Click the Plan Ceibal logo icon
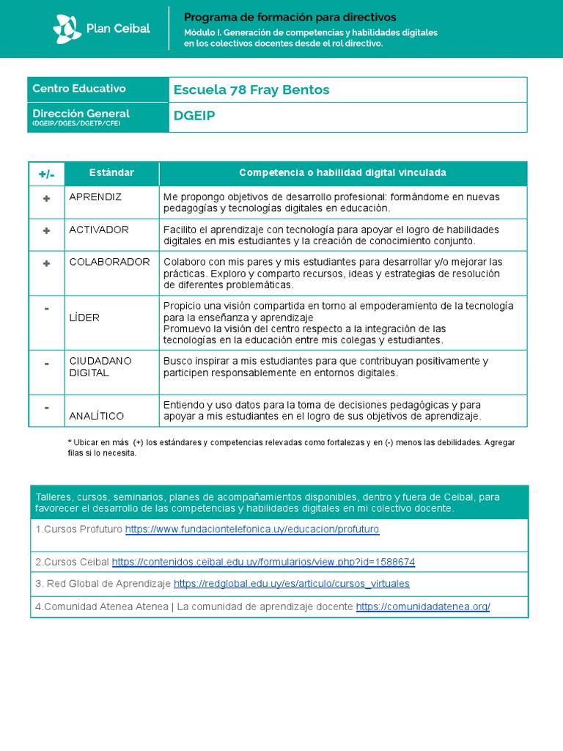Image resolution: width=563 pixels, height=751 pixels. [x=67, y=29]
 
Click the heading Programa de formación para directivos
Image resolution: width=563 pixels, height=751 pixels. [x=290, y=17]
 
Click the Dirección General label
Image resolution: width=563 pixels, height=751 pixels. [x=81, y=114]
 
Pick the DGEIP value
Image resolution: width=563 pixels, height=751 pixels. [x=194, y=116]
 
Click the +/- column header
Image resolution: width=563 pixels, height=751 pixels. [x=47, y=174]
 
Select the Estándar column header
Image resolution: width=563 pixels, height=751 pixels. [x=111, y=173]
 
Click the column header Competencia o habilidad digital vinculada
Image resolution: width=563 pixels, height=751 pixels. [x=342, y=173]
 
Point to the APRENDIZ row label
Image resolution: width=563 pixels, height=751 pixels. [x=95, y=197]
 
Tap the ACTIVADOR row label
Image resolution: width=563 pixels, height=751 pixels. [x=99, y=230]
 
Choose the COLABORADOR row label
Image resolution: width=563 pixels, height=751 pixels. [x=109, y=262]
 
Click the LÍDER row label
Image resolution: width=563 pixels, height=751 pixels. [x=84, y=318]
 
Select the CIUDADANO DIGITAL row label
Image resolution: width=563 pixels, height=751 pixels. [x=100, y=367]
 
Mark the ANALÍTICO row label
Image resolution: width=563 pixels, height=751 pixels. [x=97, y=416]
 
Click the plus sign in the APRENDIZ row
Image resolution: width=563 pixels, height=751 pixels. [x=47, y=198]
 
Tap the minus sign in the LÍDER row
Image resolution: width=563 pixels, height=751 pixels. [x=47, y=309]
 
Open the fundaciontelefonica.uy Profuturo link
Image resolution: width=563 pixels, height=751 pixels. [x=252, y=529]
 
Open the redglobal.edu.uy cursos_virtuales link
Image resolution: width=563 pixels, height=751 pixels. [x=292, y=584]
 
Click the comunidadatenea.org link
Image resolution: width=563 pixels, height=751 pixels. [x=423, y=607]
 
